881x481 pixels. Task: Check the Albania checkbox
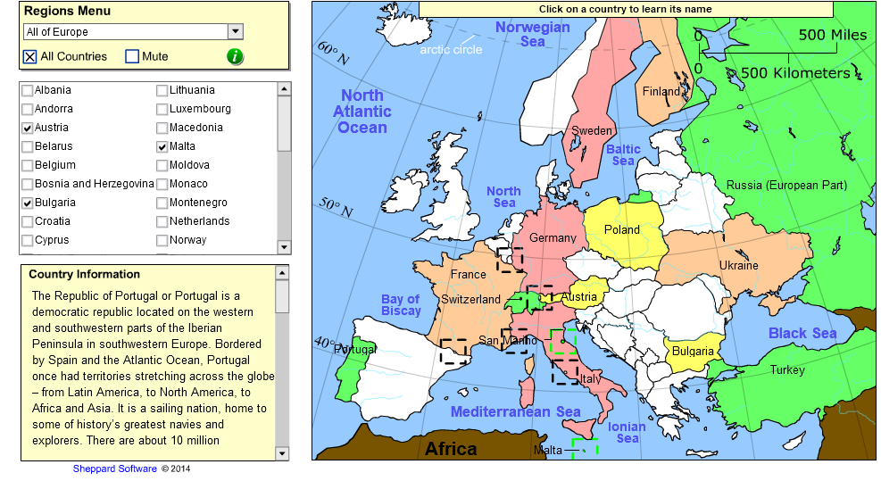click(x=28, y=90)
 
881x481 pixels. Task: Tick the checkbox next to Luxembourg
click(x=162, y=109)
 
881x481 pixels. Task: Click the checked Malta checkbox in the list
click(x=162, y=146)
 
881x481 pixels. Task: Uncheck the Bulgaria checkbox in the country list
click(x=28, y=203)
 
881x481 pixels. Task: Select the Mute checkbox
click(x=132, y=56)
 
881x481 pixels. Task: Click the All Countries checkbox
click(x=30, y=56)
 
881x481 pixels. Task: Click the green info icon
click(x=235, y=56)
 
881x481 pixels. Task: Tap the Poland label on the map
click(x=622, y=229)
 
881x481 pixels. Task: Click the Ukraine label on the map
click(x=738, y=265)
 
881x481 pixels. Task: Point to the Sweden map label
click(x=592, y=131)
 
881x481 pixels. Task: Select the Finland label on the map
click(x=661, y=91)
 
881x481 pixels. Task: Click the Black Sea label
click(x=802, y=334)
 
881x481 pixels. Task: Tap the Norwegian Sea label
click(x=533, y=34)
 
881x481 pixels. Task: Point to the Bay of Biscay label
click(x=401, y=305)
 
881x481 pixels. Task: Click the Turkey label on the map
click(x=787, y=369)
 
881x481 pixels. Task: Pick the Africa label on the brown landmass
click(x=451, y=448)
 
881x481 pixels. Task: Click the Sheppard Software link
click(x=114, y=469)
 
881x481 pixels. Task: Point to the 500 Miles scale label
click(x=832, y=35)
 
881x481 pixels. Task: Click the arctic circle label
click(x=451, y=49)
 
